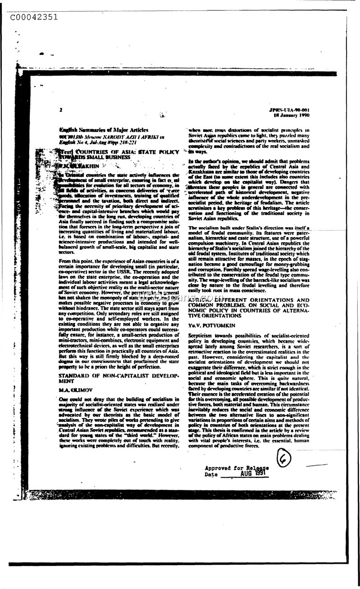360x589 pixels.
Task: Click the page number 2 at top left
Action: point(60,109)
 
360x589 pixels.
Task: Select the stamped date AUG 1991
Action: point(254,474)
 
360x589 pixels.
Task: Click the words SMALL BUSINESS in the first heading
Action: point(110,158)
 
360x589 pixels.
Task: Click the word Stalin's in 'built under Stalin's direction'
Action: point(247,228)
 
